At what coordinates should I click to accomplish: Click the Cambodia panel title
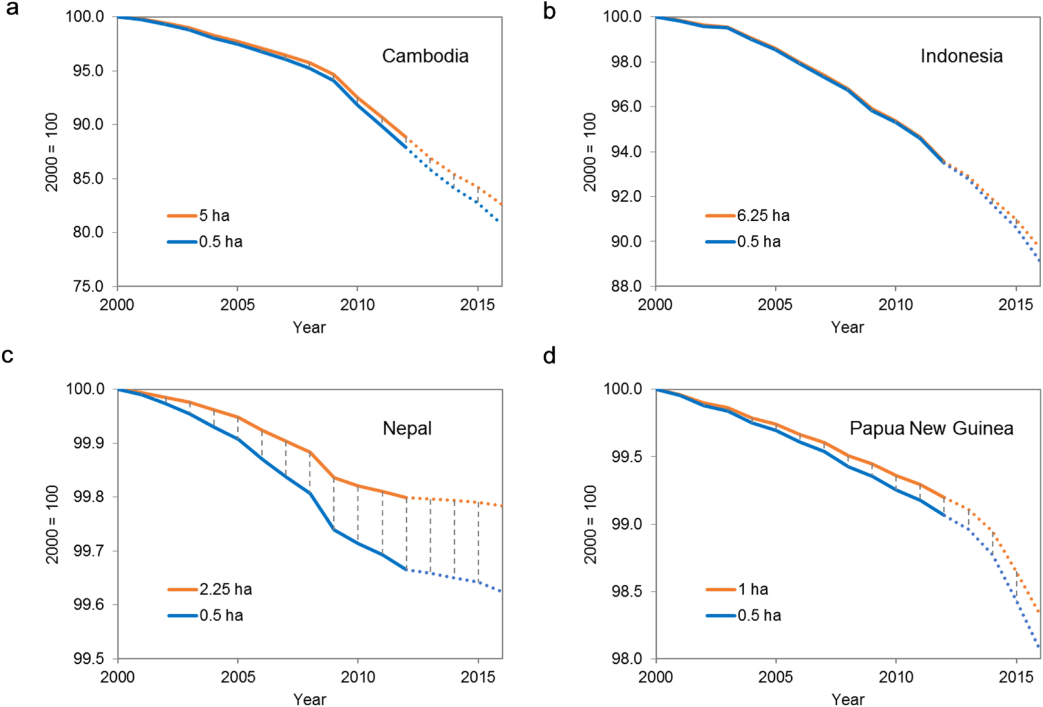click(x=425, y=56)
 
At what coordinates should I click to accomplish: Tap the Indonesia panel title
click(x=961, y=56)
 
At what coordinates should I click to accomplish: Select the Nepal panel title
click(x=407, y=428)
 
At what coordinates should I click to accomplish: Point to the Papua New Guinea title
click(x=931, y=428)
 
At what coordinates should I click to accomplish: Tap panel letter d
click(x=549, y=356)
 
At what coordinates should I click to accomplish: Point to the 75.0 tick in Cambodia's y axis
click(x=88, y=286)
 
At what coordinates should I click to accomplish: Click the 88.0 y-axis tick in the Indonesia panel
click(x=626, y=286)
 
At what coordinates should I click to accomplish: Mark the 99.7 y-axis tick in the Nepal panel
click(x=88, y=551)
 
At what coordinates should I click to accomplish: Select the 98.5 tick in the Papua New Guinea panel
click(x=626, y=591)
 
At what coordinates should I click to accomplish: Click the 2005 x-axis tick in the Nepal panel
click(x=237, y=677)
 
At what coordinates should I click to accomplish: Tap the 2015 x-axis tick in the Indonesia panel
click(x=1015, y=304)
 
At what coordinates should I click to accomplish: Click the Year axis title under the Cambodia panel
click(x=309, y=327)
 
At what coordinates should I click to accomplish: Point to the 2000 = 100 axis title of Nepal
click(x=52, y=524)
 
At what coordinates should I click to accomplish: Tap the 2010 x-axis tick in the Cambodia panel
click(x=357, y=304)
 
